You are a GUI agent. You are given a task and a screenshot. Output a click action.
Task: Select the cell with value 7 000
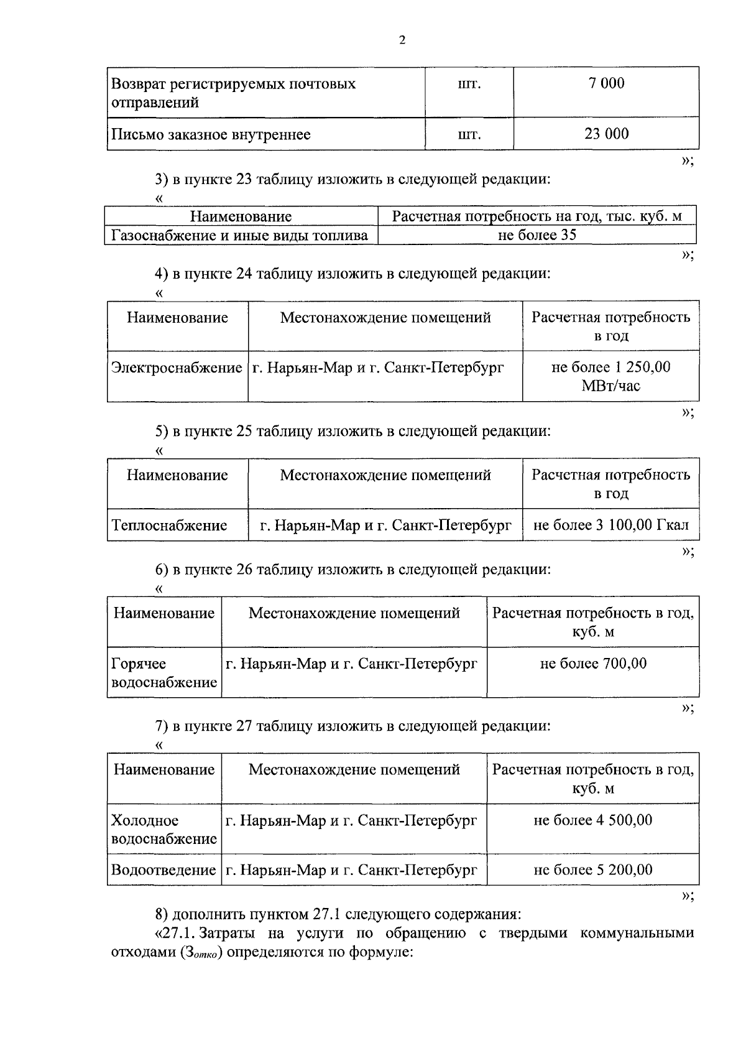pyautogui.click(x=606, y=83)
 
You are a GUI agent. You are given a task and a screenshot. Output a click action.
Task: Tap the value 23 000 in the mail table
pyautogui.click(x=606, y=134)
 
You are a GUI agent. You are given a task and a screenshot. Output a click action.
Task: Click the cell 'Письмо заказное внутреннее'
pyautogui.click(x=211, y=134)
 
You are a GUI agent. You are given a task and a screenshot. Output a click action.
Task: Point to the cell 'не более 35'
pyautogui.click(x=537, y=235)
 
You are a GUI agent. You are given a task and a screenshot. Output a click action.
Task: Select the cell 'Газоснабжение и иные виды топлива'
pyautogui.click(x=240, y=236)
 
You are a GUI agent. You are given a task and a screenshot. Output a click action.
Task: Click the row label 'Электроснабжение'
pyautogui.click(x=177, y=368)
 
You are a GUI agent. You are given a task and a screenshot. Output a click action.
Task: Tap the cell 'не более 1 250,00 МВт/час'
pyautogui.click(x=610, y=376)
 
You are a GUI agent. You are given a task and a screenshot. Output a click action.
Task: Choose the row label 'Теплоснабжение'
pyautogui.click(x=169, y=526)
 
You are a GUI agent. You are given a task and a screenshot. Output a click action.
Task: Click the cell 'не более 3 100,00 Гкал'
pyautogui.click(x=610, y=526)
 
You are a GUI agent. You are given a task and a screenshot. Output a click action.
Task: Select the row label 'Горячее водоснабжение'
pyautogui.click(x=164, y=673)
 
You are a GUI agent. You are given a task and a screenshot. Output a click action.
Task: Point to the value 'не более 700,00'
pyautogui.click(x=593, y=664)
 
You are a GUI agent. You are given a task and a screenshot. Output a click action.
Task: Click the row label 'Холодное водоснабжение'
pyautogui.click(x=164, y=830)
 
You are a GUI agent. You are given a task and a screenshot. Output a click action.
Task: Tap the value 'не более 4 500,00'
pyautogui.click(x=593, y=820)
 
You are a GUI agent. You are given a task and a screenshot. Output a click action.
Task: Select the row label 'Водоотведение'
pyautogui.click(x=163, y=870)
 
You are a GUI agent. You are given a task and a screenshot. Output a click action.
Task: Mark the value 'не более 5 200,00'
pyautogui.click(x=593, y=870)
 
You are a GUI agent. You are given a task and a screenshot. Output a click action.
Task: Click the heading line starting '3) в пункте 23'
pyautogui.click(x=352, y=180)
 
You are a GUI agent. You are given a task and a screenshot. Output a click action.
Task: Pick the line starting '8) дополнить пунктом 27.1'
pyautogui.click(x=338, y=915)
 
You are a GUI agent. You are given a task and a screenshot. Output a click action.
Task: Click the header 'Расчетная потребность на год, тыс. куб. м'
pyautogui.click(x=537, y=216)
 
